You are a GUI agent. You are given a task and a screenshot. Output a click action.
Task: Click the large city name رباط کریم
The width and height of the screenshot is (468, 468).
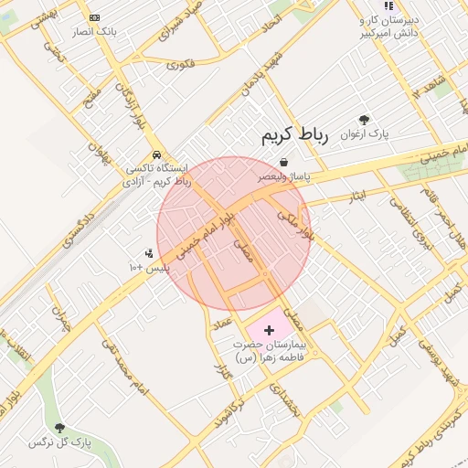[293, 136]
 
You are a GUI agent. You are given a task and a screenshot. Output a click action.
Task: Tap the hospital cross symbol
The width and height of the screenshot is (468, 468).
[269, 329]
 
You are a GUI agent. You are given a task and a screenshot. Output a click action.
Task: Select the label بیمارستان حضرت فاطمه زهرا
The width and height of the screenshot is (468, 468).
[271, 351]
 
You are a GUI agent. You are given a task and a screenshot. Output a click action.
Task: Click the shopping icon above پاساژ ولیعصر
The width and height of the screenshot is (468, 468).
[284, 162]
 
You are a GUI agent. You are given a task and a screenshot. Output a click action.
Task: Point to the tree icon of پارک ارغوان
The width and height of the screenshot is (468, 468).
[365, 120]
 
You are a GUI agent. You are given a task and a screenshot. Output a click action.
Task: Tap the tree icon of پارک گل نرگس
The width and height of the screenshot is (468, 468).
[60, 428]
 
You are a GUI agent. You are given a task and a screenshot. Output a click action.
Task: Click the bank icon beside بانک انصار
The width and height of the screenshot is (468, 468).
[95, 18]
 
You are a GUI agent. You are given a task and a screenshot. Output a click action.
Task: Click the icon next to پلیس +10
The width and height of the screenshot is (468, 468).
[149, 253]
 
